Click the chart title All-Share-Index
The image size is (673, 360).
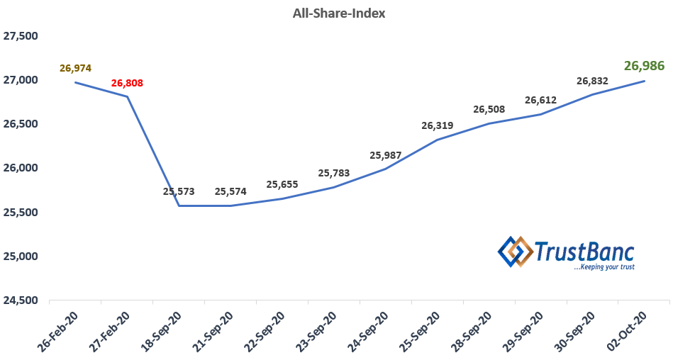coord(339,13)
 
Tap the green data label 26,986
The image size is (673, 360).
coord(644,66)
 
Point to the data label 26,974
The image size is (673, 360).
coord(76,69)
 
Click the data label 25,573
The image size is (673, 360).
coord(179,191)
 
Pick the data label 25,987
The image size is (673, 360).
coord(386,155)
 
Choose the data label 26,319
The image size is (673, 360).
coord(438,125)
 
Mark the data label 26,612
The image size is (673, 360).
coord(541,100)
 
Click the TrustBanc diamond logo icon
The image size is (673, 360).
coord(516,252)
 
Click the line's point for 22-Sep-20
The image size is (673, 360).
coord(283,198)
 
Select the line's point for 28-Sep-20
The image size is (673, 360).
coord(490,123)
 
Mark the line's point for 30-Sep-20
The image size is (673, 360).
coord(593,94)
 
